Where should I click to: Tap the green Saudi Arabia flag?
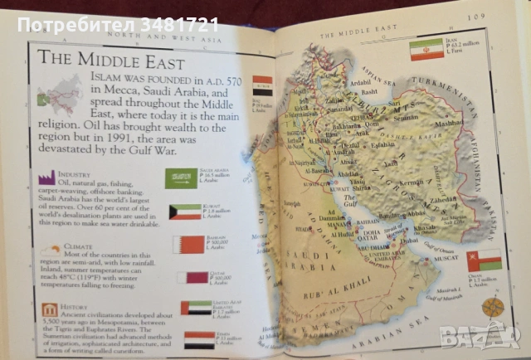183,178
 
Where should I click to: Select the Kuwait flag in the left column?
184,212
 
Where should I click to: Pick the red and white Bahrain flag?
183,245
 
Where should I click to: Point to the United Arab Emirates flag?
196,308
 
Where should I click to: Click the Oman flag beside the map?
484,262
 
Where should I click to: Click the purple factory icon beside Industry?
46,178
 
